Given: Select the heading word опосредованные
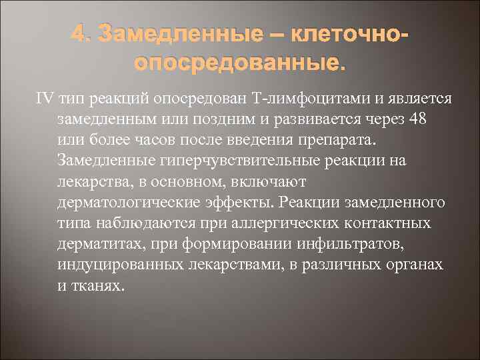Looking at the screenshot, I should coord(241,64).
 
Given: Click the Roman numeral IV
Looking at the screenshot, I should coord(44,99).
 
